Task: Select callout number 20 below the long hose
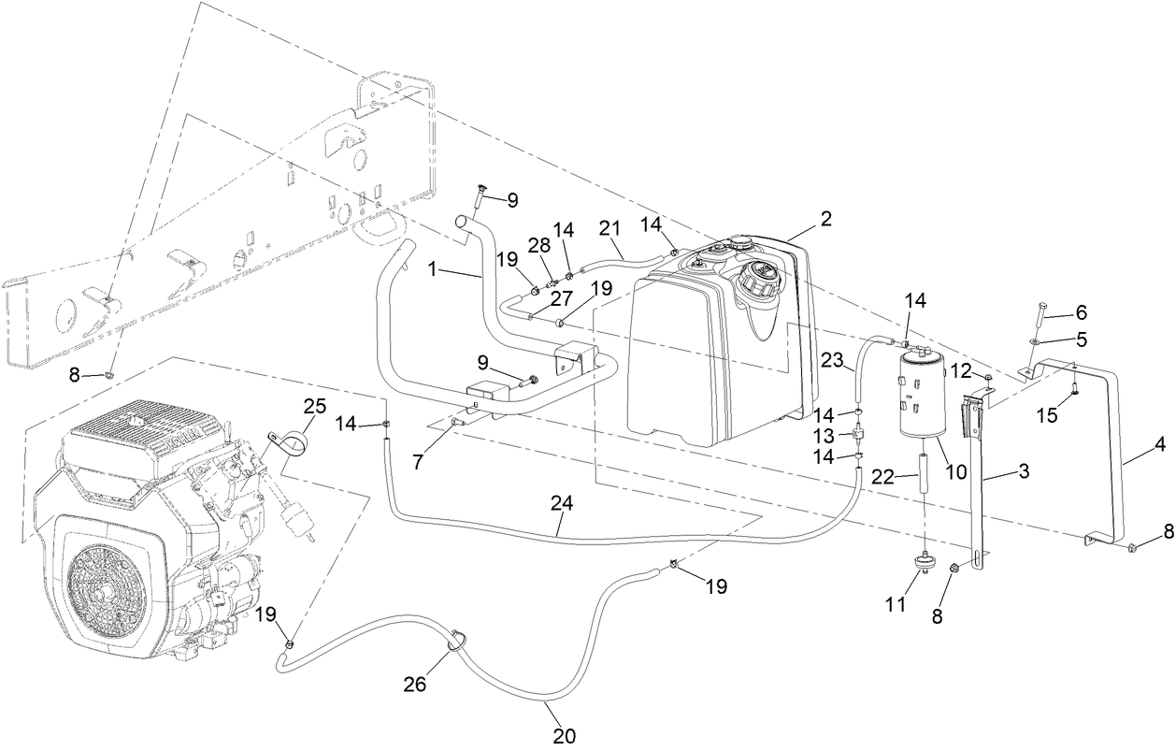pyautogui.click(x=564, y=736)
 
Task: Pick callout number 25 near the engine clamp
pyautogui.click(x=315, y=406)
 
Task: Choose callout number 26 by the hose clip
pyautogui.click(x=414, y=684)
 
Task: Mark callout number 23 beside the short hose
pyautogui.click(x=832, y=361)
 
